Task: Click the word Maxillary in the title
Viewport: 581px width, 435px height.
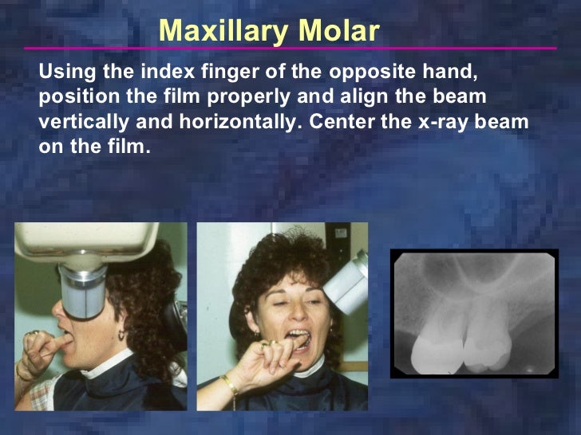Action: pyautogui.click(x=223, y=30)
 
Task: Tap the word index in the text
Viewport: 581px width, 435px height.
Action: pyautogui.click(x=165, y=72)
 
